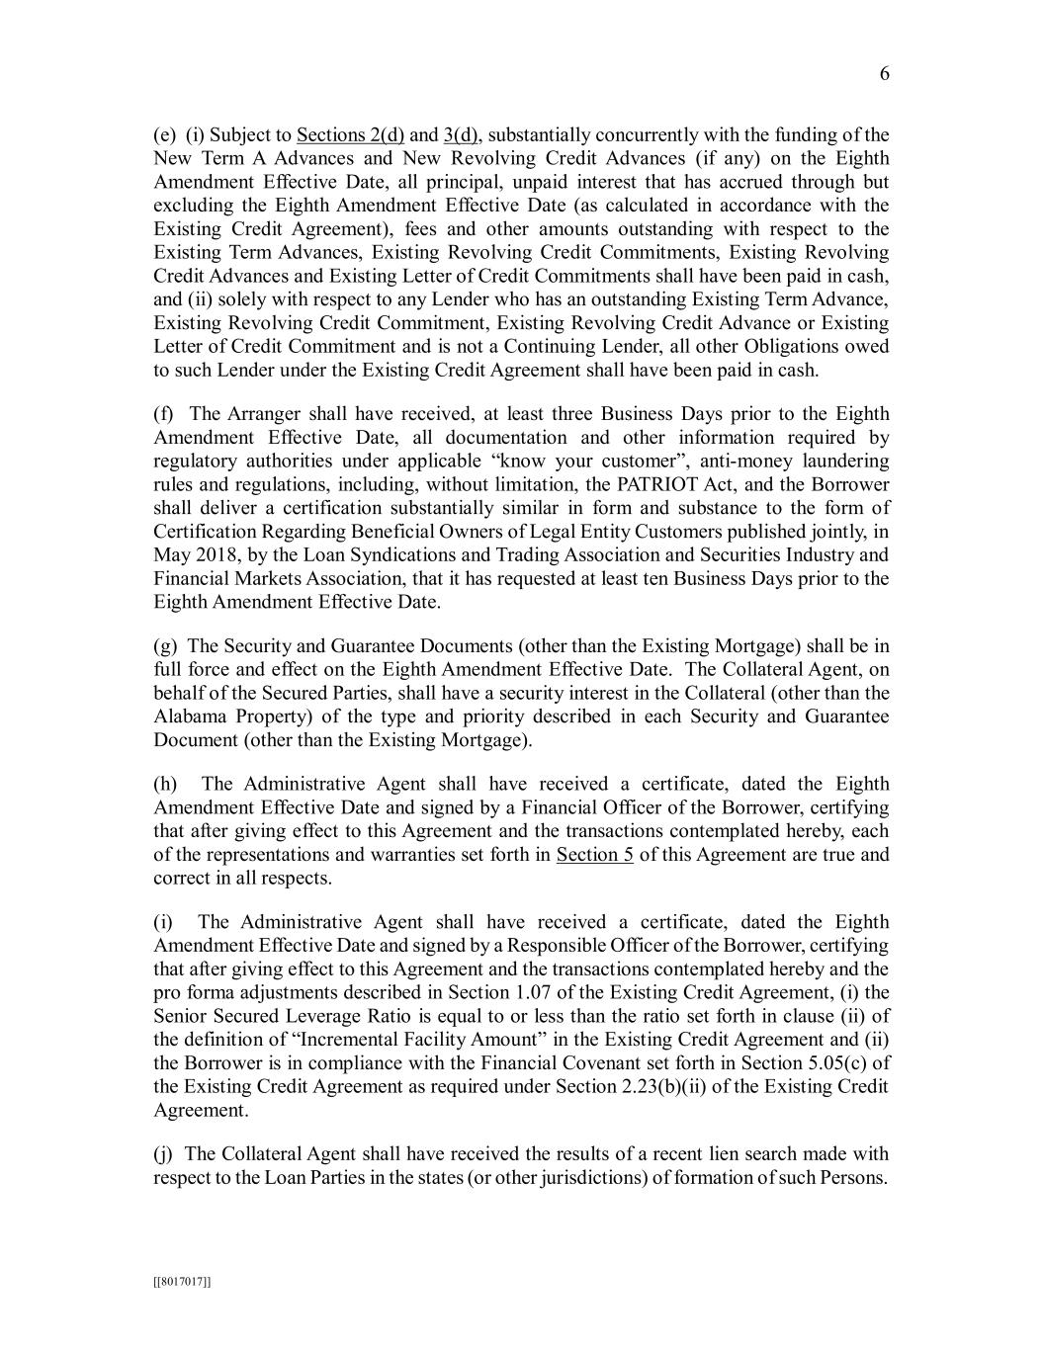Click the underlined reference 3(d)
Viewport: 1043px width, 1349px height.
coord(462,135)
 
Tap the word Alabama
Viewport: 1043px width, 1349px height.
coord(190,717)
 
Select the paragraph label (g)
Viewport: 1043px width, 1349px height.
coord(164,646)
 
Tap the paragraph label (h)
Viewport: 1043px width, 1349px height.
coord(165,784)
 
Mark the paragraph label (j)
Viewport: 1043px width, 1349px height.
coord(163,1154)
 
